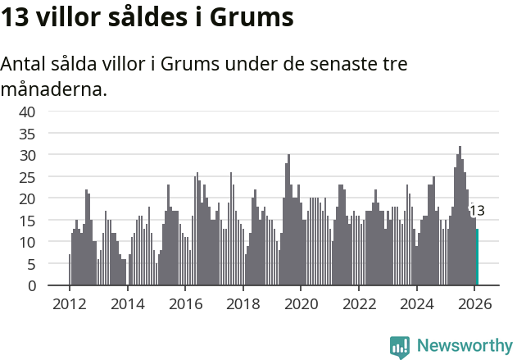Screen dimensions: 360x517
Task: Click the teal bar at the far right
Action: coord(478,257)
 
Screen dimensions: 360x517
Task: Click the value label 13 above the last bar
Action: coord(477,211)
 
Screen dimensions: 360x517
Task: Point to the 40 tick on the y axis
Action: coord(27,112)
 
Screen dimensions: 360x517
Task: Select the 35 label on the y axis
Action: coord(27,133)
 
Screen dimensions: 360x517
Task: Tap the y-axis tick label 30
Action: coord(27,155)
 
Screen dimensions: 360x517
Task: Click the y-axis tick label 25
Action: coord(27,176)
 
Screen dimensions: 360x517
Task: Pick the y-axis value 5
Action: coord(31,264)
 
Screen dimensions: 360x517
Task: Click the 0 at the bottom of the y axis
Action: coord(31,286)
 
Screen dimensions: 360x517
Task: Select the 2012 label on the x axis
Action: coord(69,303)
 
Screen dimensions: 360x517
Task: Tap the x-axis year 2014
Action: coord(127,303)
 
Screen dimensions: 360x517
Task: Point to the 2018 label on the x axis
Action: coord(243,303)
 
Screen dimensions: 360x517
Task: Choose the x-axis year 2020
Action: coord(301,303)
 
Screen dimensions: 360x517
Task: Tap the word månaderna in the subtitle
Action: coord(54,89)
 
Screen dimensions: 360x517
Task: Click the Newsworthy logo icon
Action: coord(400,347)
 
